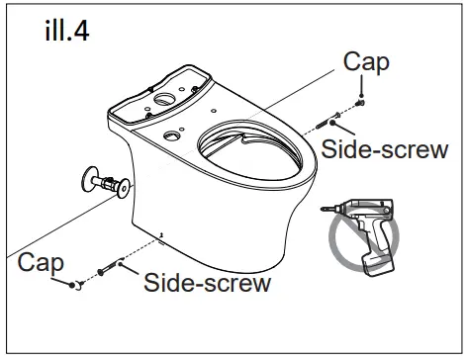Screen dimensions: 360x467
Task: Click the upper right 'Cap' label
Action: (366, 63)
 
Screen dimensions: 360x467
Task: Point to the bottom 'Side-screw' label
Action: (207, 284)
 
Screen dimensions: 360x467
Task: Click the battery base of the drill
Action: (376, 264)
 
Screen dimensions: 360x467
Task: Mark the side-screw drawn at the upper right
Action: (327, 124)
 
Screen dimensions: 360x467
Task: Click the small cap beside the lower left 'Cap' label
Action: (73, 285)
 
